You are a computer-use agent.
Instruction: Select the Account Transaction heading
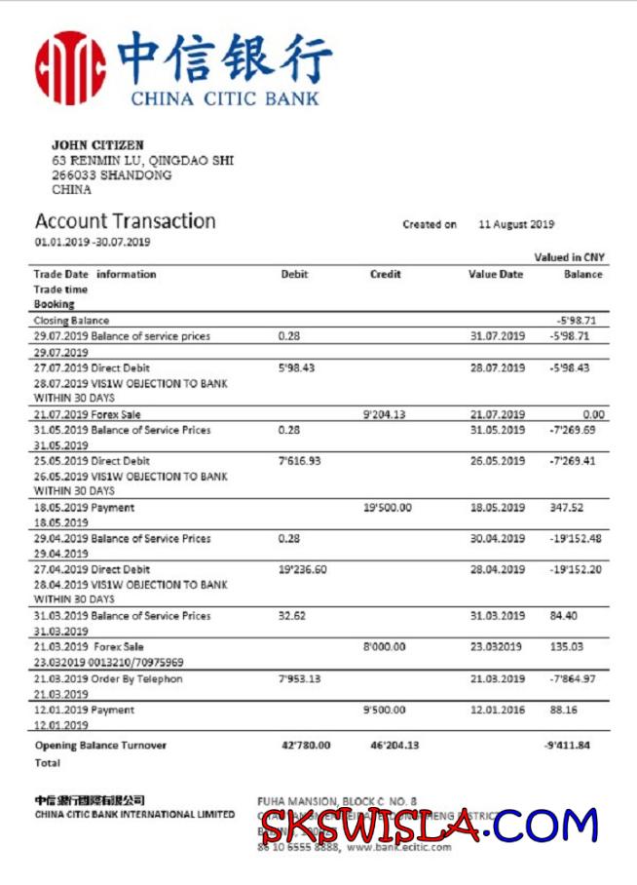tap(125, 221)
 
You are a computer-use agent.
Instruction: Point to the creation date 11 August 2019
tap(516, 224)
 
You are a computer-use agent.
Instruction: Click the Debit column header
tap(294, 275)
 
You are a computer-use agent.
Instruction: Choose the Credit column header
tap(385, 275)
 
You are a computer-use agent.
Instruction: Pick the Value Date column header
tap(496, 275)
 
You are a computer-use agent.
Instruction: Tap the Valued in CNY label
tap(570, 257)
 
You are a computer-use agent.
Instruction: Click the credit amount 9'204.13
tap(384, 414)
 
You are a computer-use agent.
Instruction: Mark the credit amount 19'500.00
tap(388, 508)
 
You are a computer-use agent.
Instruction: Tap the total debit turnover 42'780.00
tap(306, 746)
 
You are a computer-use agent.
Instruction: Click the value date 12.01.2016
tap(497, 711)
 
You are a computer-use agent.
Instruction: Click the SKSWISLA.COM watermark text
tap(429, 827)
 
